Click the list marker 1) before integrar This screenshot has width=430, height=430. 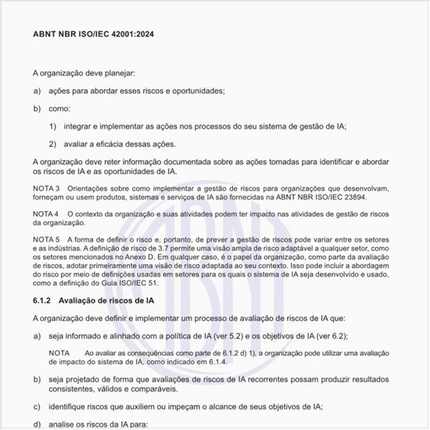click(53, 126)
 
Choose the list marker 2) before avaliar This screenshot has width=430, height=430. click(53, 144)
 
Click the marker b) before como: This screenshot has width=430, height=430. click(37, 108)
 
